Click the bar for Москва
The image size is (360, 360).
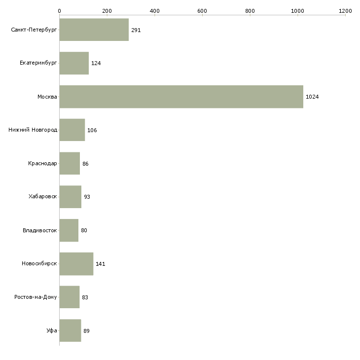tap(181, 97)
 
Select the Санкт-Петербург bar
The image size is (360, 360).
tap(94, 30)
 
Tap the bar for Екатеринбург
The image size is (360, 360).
tap(74, 63)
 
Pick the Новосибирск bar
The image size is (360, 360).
tap(76, 264)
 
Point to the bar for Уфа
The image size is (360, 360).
tap(70, 330)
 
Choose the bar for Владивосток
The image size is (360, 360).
tap(69, 230)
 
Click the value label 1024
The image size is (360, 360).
tap(312, 97)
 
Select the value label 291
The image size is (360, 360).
tap(136, 30)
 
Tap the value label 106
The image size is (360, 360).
tap(92, 130)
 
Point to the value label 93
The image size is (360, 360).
tap(87, 197)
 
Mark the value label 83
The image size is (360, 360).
tap(85, 297)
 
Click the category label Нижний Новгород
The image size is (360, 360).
tap(33, 130)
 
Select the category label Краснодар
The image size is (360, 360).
tap(42, 163)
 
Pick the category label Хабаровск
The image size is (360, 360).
tap(43, 197)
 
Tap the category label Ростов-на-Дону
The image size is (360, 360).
tap(36, 297)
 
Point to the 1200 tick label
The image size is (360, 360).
tap(345, 11)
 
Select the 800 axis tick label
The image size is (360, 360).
tap(250, 11)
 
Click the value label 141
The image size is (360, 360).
tap(100, 264)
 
